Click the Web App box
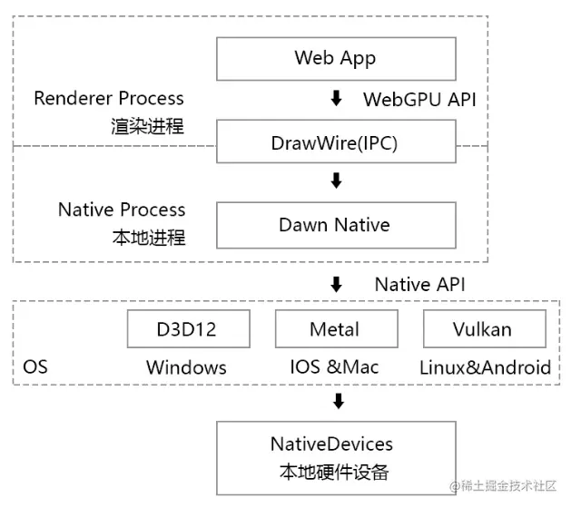tap(335, 59)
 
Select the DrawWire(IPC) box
tap(335, 143)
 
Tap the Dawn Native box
tap(335, 226)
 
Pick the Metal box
tap(335, 329)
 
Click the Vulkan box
tap(484, 329)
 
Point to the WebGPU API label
tap(419, 100)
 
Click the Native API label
tap(419, 285)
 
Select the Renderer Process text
tap(109, 98)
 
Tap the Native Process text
tap(122, 210)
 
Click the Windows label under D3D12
tap(186, 367)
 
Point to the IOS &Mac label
tap(335, 367)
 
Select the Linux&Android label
tap(485, 367)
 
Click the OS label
tap(34, 367)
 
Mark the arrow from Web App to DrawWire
tap(336, 99)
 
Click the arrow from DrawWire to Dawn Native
tap(336, 180)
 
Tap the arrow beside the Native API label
tap(336, 284)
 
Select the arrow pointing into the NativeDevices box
tap(338, 400)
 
